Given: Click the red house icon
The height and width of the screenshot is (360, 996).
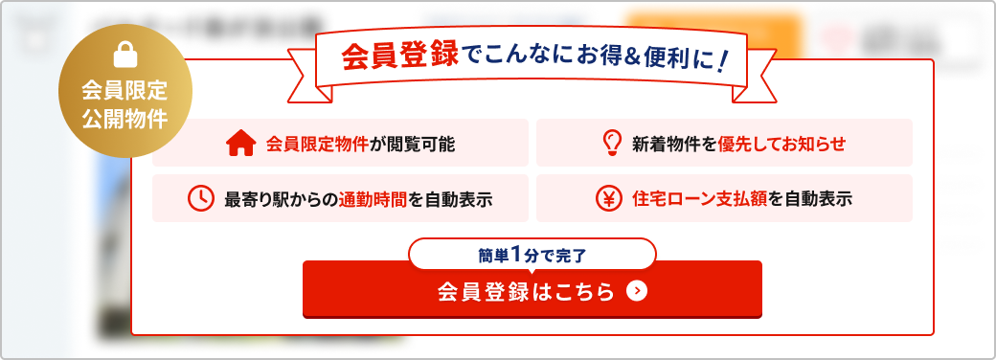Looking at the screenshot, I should (x=240, y=145).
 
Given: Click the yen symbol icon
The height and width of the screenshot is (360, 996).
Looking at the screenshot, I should (x=609, y=199).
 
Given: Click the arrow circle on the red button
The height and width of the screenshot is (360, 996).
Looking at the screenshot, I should (x=636, y=291).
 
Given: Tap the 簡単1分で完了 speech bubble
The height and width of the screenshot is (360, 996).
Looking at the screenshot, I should (x=532, y=255).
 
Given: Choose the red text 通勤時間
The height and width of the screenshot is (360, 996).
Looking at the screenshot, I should (x=373, y=200).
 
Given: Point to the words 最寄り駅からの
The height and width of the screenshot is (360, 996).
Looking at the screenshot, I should (x=282, y=200).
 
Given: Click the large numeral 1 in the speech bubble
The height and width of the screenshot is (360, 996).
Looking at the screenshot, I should (x=517, y=255).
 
